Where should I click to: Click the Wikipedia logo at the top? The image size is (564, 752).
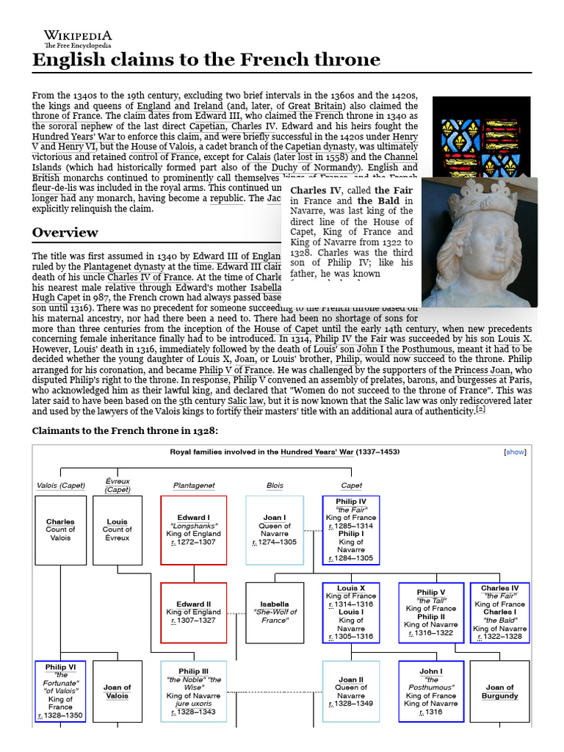click(x=77, y=37)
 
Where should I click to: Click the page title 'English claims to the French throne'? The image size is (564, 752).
click(x=206, y=59)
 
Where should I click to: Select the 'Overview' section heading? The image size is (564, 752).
click(x=65, y=233)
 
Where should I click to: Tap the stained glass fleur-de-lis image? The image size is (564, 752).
click(x=481, y=136)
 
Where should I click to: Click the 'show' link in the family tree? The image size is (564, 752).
click(x=515, y=452)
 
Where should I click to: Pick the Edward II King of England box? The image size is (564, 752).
click(x=193, y=612)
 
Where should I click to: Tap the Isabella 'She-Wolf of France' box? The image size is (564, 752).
click(x=275, y=612)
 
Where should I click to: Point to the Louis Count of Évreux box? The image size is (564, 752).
click(x=117, y=529)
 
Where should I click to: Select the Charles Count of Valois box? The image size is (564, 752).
click(x=60, y=529)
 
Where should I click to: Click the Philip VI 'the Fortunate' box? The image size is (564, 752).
click(x=60, y=691)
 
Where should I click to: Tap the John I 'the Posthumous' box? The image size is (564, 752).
click(x=430, y=691)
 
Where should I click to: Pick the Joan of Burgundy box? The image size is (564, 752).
click(x=499, y=691)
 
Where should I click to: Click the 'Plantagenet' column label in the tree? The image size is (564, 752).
click(x=193, y=485)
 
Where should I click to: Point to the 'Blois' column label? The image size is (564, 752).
click(x=275, y=485)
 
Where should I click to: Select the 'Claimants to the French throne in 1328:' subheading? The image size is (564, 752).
click(x=125, y=430)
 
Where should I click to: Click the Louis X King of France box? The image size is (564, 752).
click(x=350, y=612)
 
